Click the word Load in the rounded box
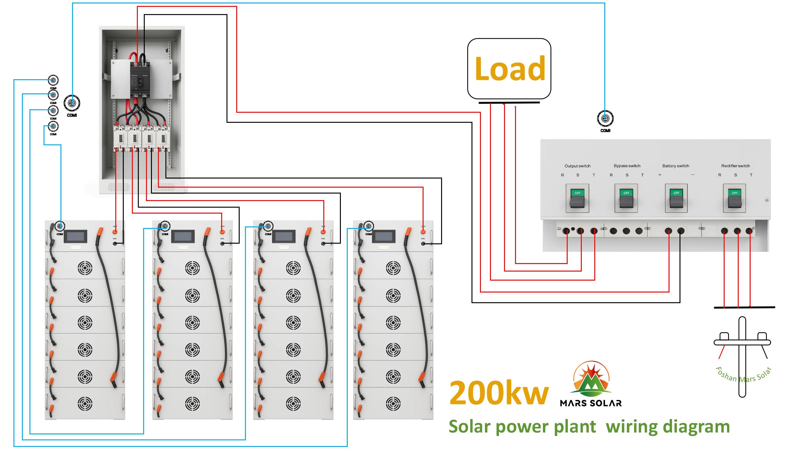tap(510, 69)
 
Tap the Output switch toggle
tap(577, 198)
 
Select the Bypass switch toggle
tap(626, 198)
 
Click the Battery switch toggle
tap(676, 198)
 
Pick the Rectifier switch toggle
tap(734, 198)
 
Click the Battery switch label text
tap(675, 166)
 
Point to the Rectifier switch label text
tap(735, 166)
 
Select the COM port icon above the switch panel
tap(605, 119)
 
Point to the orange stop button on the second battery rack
tap(222, 232)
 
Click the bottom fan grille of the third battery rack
tap(293, 404)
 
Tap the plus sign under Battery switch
tap(660, 175)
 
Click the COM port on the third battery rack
tap(268, 226)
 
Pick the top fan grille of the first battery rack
tap(85, 268)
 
